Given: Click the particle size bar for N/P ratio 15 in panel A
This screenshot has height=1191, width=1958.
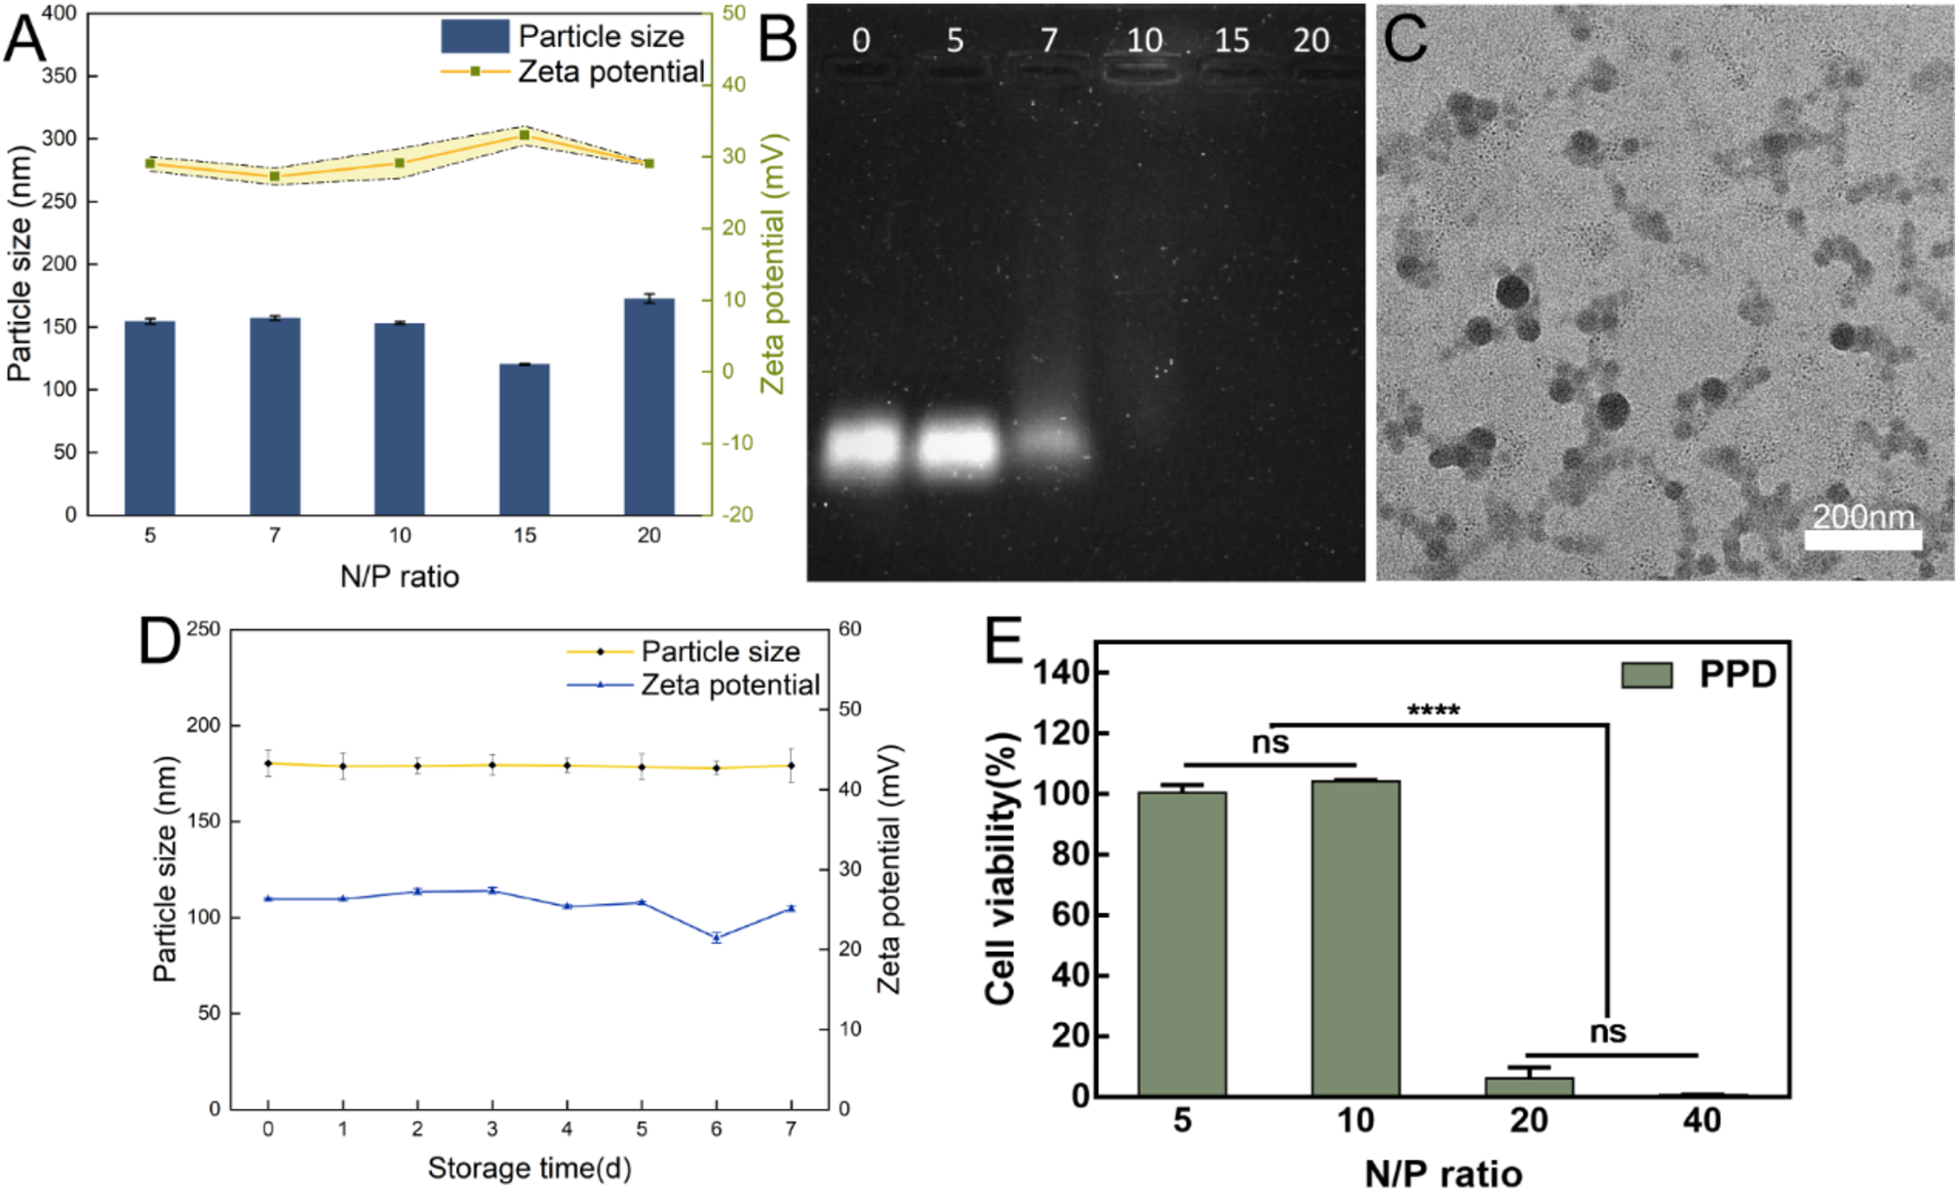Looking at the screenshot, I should click(x=525, y=439).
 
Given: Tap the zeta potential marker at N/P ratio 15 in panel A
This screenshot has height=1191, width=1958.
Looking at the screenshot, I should click(x=525, y=135).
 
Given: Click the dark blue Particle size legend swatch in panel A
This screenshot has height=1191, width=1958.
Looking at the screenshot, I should click(x=475, y=36).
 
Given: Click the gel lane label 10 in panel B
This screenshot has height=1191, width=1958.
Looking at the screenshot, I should click(x=1144, y=41).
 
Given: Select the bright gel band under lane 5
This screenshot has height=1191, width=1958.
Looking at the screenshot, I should click(x=958, y=448).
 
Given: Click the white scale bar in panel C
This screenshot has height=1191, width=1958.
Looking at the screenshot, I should click(x=1862, y=539).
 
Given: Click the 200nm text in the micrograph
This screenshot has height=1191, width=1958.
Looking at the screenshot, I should click(x=1862, y=515).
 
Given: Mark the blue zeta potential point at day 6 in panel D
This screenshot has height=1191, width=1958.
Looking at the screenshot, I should click(x=717, y=937).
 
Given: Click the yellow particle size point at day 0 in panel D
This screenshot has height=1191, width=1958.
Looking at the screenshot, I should click(x=268, y=764).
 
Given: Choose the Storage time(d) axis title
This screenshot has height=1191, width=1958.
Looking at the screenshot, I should click(x=529, y=1168).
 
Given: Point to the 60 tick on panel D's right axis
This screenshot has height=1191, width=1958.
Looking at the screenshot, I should click(x=850, y=629).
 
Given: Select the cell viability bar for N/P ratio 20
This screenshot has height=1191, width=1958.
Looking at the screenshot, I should click(x=1529, y=1086).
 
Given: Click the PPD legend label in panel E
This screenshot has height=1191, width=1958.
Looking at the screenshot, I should click(x=1738, y=674).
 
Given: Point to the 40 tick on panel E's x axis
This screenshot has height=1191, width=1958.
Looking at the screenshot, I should click(x=1702, y=1121).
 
